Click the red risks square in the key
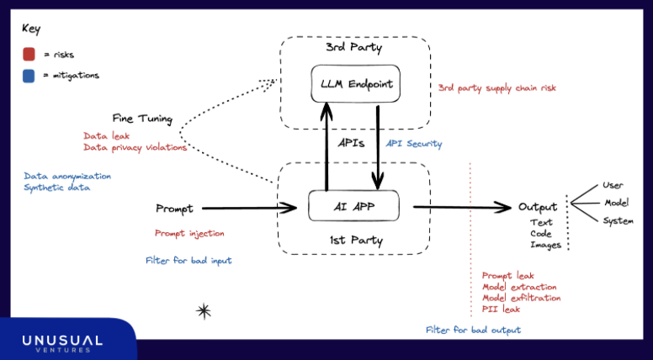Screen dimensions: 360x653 (29, 55)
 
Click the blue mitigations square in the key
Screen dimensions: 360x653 (29, 75)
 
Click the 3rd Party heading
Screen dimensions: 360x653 (353, 48)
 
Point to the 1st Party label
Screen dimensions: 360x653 (354, 241)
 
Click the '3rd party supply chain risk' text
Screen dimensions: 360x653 (496, 87)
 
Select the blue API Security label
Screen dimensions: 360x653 (414, 144)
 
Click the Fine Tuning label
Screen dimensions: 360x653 (142, 119)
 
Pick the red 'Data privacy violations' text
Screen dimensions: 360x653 (135, 147)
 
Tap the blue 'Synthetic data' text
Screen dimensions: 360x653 (57, 188)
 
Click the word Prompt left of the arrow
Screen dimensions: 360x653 (174, 208)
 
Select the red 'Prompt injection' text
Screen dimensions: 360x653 (189, 233)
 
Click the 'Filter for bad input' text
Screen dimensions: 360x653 (188, 261)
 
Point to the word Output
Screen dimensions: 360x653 (538, 207)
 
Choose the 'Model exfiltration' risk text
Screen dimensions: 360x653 (521, 298)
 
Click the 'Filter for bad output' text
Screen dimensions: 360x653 (473, 330)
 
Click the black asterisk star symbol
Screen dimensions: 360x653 (204, 311)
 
